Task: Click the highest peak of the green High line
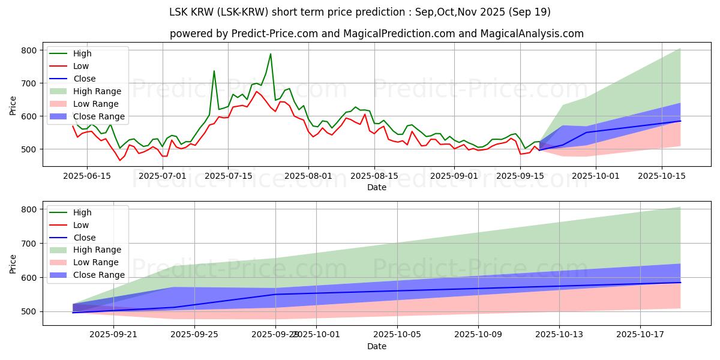click(x=270, y=54)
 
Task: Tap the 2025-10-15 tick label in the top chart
click(x=662, y=175)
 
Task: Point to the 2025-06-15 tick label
click(x=87, y=175)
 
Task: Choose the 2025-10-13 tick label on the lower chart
click(x=559, y=334)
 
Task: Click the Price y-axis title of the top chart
click(x=13, y=106)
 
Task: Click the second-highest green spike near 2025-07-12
click(x=214, y=71)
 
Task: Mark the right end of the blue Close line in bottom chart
click(x=680, y=282)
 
